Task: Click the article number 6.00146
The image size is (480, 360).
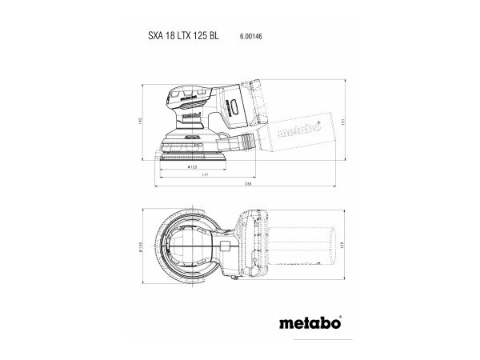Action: [253, 37]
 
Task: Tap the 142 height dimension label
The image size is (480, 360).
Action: [139, 120]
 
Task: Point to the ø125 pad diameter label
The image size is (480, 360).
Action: [192, 169]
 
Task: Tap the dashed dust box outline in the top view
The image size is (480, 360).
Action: [304, 243]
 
